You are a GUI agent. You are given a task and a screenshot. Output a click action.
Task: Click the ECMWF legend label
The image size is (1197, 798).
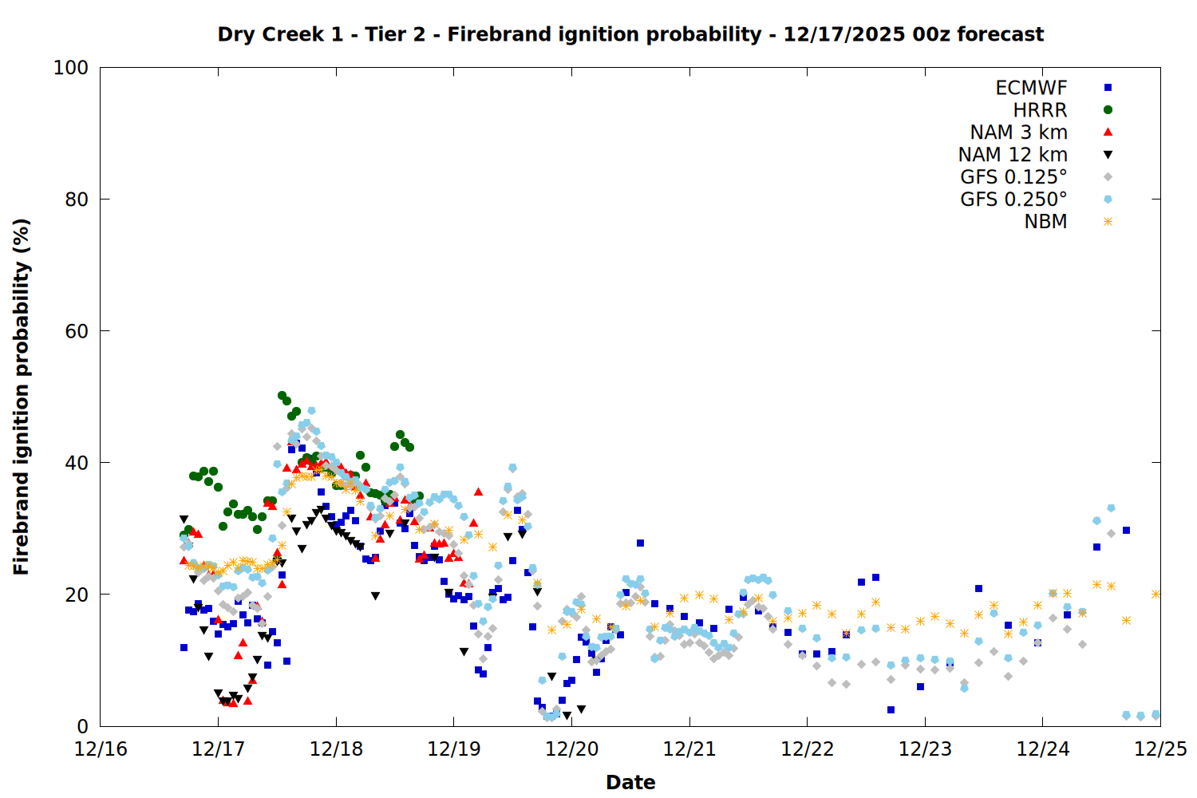[1031, 88]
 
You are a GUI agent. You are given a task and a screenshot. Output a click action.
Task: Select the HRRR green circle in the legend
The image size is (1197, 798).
[1108, 110]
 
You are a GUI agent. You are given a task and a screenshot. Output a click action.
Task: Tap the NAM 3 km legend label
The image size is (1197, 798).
[1018, 132]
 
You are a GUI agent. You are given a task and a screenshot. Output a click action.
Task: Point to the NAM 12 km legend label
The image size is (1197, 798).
[1013, 155]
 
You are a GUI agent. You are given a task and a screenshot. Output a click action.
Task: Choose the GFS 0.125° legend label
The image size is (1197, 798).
[1013, 177]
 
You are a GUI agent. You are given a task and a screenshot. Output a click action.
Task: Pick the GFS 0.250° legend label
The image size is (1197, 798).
[1013, 199]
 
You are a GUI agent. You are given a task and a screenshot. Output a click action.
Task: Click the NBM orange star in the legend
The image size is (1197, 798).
[1108, 222]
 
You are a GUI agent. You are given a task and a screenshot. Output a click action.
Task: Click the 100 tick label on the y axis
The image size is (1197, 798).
[70, 68]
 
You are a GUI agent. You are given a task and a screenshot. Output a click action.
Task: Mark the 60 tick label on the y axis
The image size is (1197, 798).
[76, 331]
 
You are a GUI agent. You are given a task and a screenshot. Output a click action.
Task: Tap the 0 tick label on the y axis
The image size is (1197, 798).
[82, 726]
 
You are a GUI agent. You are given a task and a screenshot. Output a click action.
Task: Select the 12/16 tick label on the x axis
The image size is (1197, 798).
[101, 749]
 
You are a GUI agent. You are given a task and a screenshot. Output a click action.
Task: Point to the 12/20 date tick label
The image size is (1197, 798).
[571, 749]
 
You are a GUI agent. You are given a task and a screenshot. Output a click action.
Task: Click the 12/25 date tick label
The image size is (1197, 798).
[1160, 749]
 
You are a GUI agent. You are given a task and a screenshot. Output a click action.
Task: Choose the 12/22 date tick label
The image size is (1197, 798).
[807, 749]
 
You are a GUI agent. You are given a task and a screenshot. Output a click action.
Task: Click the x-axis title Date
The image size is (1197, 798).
[630, 782]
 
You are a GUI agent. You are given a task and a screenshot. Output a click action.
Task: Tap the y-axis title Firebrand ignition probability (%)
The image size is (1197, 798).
[22, 397]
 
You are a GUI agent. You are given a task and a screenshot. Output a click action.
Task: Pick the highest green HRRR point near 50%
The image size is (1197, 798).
[282, 396]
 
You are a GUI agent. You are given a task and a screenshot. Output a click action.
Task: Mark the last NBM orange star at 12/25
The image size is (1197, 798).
[1156, 594]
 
